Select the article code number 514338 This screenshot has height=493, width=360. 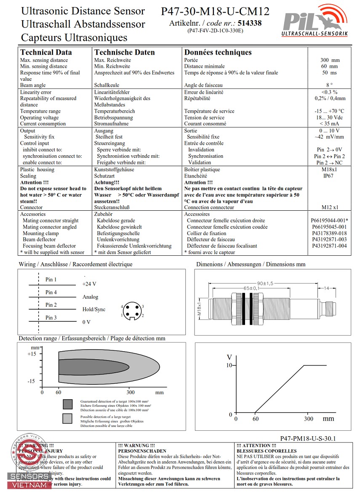249,23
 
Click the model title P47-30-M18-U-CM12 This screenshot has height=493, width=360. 215,11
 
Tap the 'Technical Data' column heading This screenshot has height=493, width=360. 46,52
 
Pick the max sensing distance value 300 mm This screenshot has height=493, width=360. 329,60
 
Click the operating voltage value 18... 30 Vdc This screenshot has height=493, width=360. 329,117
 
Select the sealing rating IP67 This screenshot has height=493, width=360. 328,176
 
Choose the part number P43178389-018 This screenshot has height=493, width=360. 329,233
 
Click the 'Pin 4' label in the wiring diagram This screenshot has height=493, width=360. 51,292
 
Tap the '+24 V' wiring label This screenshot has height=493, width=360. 89,284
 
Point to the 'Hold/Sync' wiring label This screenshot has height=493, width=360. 94,310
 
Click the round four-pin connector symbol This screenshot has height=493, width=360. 133,311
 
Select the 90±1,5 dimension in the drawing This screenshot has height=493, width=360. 265,283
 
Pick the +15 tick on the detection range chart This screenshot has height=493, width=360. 32,354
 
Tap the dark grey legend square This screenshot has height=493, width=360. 67,405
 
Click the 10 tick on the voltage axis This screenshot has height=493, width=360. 229,365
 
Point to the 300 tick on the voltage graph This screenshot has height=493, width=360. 309,419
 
